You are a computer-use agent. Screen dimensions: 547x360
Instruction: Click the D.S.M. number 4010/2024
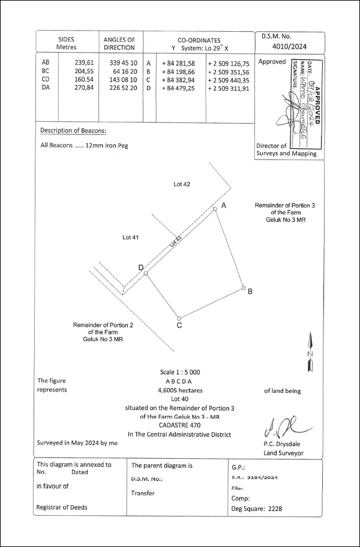coord(289,45)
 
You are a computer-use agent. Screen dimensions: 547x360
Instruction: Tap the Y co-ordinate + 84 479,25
coord(178,88)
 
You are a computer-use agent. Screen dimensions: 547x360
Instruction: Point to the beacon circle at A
coord(215,209)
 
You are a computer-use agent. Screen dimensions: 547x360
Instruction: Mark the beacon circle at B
coord(244,288)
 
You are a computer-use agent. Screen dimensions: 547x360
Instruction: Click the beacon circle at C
coord(178,318)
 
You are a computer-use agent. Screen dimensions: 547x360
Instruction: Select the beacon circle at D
coord(146,273)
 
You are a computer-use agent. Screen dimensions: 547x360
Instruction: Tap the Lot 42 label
coord(181,184)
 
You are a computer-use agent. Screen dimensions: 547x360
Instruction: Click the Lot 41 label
coord(130,238)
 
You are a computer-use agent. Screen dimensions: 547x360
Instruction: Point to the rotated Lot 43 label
coord(175,242)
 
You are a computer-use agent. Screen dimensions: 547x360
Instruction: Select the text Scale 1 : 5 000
coord(179,372)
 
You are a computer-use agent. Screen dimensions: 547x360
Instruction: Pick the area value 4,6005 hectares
coord(179,389)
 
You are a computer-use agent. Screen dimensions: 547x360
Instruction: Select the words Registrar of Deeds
coord(62,507)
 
